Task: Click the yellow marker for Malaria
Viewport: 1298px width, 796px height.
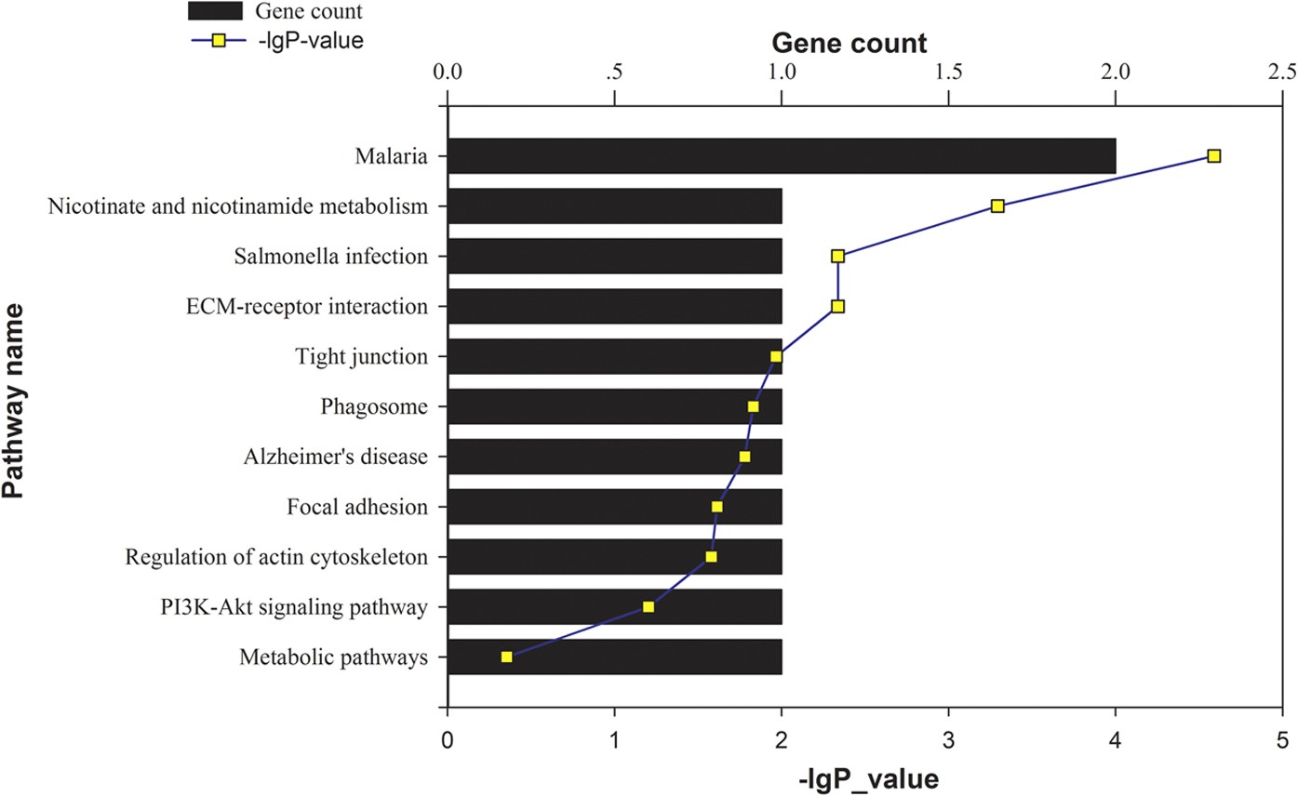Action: [1213, 156]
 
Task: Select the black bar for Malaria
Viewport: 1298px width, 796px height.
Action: [782, 156]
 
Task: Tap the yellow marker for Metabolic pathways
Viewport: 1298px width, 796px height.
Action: [506, 657]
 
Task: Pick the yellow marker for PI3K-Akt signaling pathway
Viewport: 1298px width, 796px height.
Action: [649, 606]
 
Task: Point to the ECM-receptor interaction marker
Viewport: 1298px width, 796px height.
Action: [837, 306]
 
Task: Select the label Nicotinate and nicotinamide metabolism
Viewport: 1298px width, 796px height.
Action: [237, 206]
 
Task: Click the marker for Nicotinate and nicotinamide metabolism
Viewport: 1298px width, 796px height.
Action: [997, 206]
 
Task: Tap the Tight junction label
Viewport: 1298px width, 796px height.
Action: [361, 356]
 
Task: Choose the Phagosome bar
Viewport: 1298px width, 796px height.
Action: [614, 406]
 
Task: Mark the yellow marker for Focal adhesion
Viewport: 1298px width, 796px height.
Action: [716, 507]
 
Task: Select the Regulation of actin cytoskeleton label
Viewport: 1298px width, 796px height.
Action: [276, 557]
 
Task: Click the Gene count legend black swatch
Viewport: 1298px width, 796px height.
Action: [215, 12]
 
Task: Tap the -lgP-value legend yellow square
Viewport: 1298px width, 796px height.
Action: [215, 41]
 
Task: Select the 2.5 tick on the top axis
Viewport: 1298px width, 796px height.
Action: [1281, 73]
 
